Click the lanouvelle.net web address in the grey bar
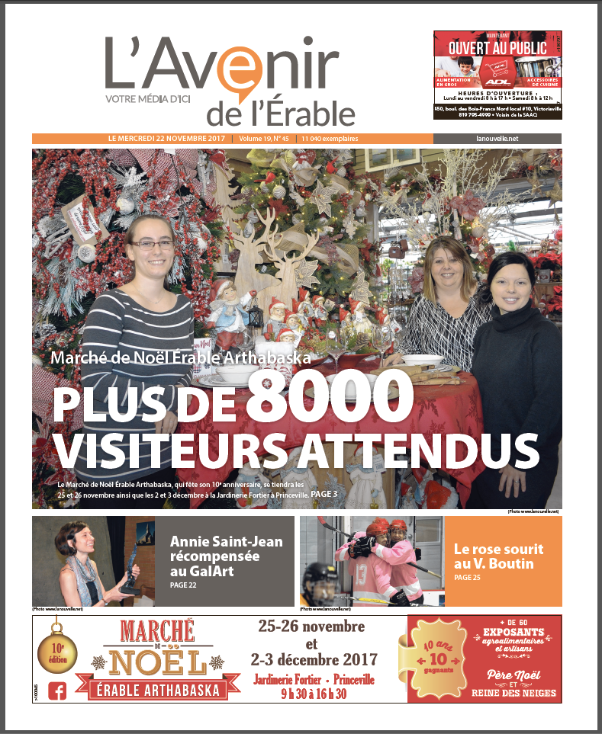496,139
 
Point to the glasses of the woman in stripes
153,244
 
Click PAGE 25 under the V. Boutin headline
467,578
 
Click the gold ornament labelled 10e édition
58,646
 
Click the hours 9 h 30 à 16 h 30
312,694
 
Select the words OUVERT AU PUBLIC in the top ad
497,48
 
